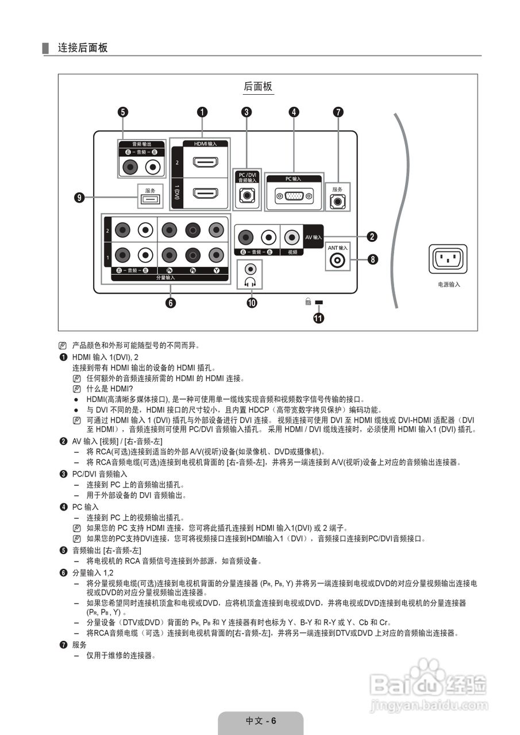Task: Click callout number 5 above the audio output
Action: (123, 113)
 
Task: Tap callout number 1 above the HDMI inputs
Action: (202, 113)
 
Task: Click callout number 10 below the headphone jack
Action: (251, 303)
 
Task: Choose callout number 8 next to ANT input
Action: (373, 259)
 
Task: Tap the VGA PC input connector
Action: (294, 196)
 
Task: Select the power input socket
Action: (448, 259)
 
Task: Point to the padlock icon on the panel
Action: (308, 301)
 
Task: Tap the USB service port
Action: (150, 199)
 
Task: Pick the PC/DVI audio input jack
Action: (248, 196)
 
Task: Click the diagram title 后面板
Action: (258, 86)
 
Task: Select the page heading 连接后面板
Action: (83, 48)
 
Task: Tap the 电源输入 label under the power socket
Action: (448, 284)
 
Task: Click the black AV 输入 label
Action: (314, 237)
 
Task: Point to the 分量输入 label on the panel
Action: (165, 277)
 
